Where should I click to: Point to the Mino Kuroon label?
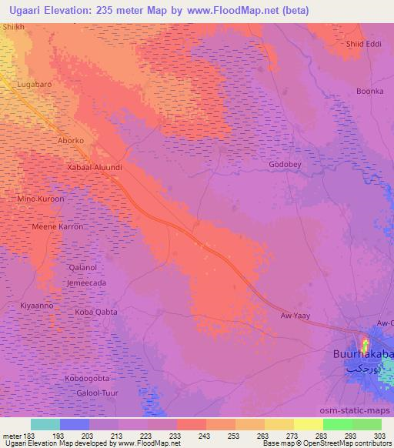tap(41, 199)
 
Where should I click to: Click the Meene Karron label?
tap(55, 228)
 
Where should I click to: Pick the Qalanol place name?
tap(83, 267)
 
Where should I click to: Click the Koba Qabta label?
tap(95, 312)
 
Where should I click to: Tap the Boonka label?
tap(369, 91)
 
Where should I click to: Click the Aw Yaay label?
tap(295, 316)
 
